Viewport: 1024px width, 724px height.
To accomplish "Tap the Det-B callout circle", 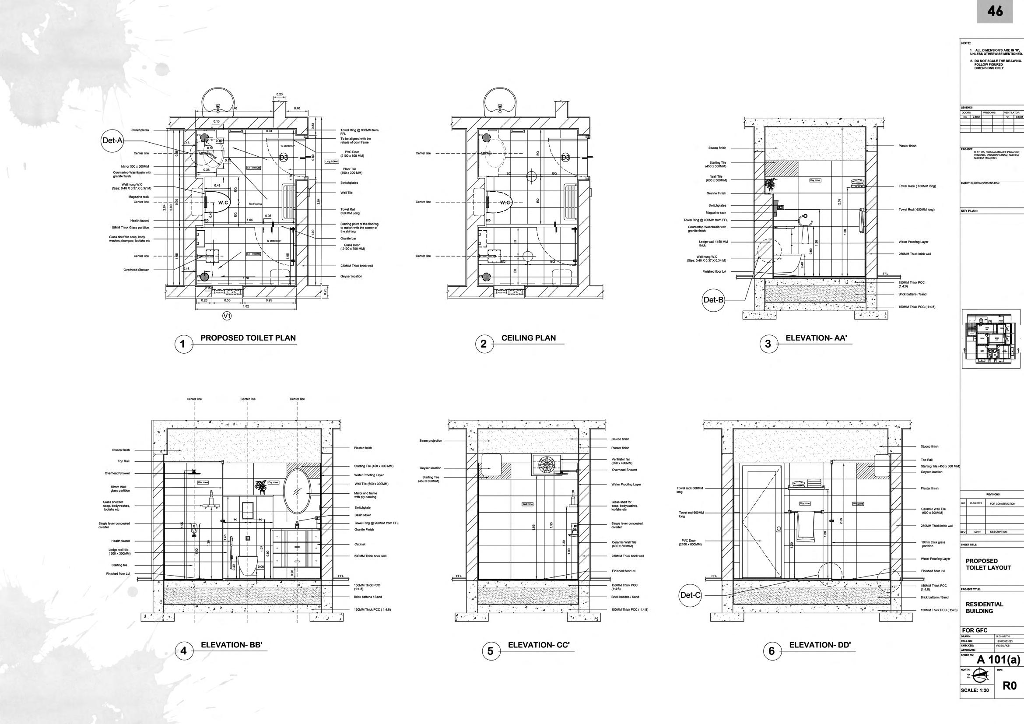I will coord(713,300).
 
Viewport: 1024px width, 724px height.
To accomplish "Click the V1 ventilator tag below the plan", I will coord(227,316).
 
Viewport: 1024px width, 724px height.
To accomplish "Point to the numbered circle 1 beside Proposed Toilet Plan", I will coord(182,344).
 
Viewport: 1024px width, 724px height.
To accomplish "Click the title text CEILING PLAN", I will coord(529,338).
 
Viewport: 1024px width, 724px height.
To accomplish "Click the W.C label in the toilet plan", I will coord(224,203).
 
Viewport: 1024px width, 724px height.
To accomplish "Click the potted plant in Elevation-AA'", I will coord(770,185).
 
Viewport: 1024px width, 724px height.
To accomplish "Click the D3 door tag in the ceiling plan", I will coord(565,158).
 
